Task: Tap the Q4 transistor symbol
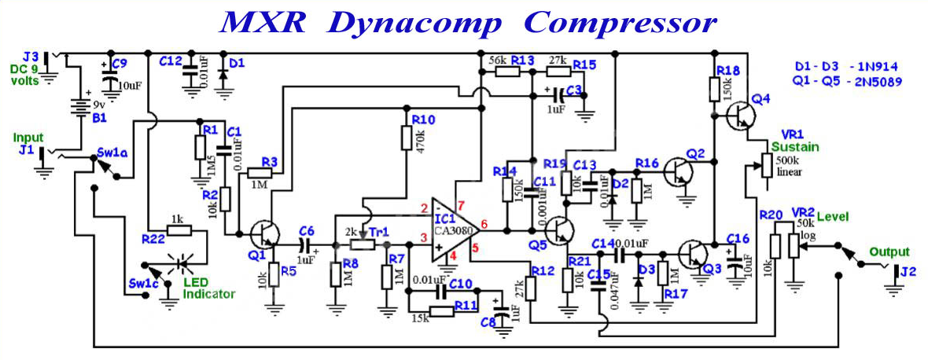click(740, 116)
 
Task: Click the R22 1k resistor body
click(179, 230)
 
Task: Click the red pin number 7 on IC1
click(462, 205)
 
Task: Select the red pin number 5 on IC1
click(475, 248)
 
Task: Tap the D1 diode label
click(237, 61)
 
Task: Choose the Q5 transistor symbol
click(559, 230)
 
